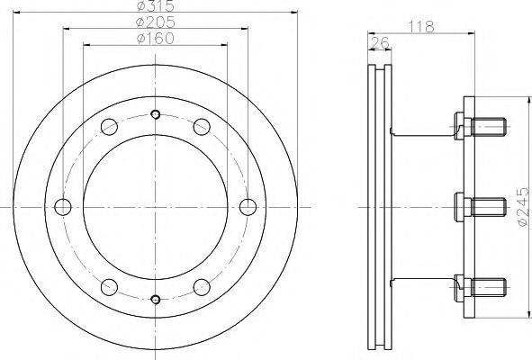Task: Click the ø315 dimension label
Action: click(x=156, y=5)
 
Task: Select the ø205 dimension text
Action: click(x=156, y=22)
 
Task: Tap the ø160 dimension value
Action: click(x=156, y=39)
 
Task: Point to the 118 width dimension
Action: click(x=421, y=26)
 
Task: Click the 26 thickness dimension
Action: click(x=379, y=43)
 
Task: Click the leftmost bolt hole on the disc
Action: click(x=63, y=207)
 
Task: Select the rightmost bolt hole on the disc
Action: click(x=248, y=207)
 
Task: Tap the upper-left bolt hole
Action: click(x=109, y=127)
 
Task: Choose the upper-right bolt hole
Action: click(x=202, y=127)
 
